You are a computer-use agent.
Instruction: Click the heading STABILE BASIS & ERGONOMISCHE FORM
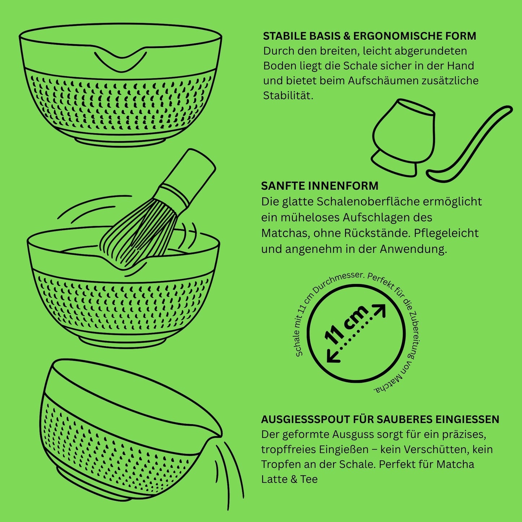pos(369,36)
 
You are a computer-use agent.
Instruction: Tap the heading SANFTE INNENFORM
pos(319,186)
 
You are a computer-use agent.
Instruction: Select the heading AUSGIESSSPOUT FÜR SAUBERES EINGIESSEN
pos(380,419)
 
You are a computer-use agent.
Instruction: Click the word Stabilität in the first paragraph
pos(288,96)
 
